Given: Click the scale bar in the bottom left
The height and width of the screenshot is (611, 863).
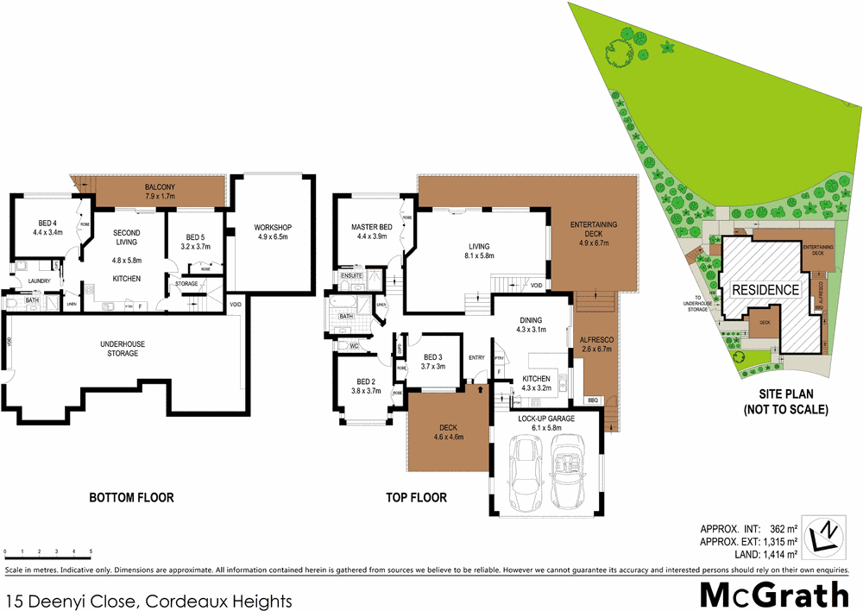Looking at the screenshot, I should point(47,550).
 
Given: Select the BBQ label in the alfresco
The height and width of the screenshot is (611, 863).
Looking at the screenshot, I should point(591,400).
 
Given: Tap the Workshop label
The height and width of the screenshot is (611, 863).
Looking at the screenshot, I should point(273,228).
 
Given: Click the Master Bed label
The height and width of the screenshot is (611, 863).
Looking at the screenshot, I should point(371,228).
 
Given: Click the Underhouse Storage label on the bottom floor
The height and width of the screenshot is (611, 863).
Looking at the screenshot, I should point(123,347).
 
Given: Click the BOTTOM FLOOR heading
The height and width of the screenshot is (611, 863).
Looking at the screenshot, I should point(131,497).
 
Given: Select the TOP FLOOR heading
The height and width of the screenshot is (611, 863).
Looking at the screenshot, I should point(416,497).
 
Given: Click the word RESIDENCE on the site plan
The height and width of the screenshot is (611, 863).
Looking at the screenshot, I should point(765,290).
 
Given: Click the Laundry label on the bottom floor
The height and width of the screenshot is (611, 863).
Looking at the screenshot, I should point(40,280).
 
